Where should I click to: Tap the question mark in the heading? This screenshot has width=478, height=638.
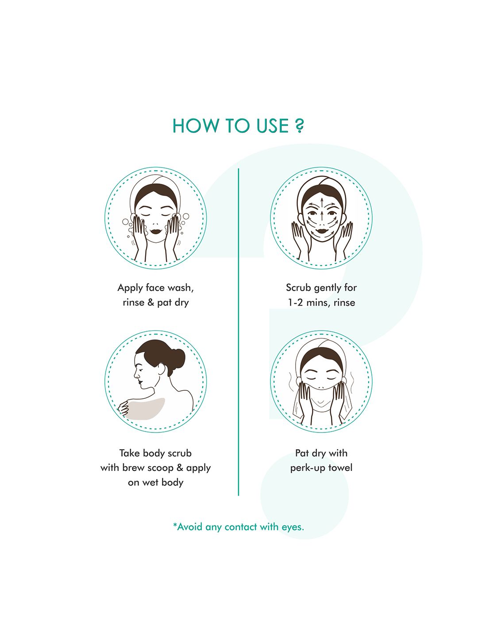coord(299,126)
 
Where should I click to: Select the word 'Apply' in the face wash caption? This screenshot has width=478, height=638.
coord(130,288)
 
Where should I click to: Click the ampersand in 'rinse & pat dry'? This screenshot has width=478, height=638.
coord(150,302)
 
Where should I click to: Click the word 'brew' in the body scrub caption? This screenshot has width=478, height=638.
coord(134,467)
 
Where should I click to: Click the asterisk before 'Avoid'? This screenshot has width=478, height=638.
coord(175,525)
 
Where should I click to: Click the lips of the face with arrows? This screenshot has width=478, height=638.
coord(321,231)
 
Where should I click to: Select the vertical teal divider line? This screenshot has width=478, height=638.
coord(238,332)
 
